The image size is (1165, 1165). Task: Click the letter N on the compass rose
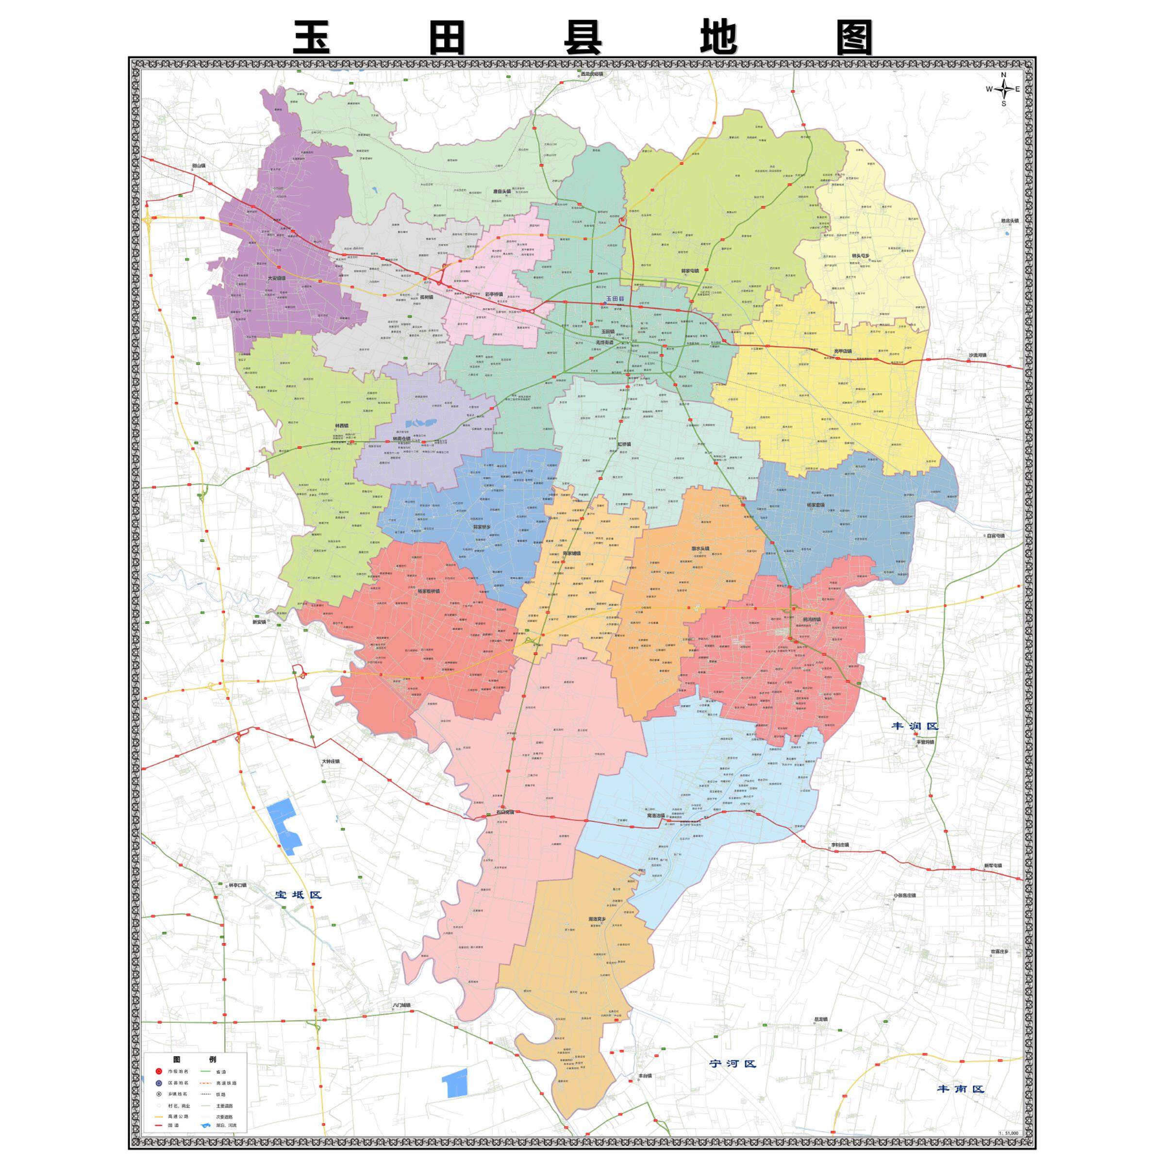1003,75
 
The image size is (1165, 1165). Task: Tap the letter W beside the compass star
989,89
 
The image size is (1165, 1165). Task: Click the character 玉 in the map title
312,38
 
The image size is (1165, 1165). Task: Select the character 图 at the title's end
854,38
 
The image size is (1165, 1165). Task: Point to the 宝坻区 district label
299,894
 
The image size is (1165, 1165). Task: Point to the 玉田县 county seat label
615,299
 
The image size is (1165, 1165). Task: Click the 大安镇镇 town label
277,279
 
